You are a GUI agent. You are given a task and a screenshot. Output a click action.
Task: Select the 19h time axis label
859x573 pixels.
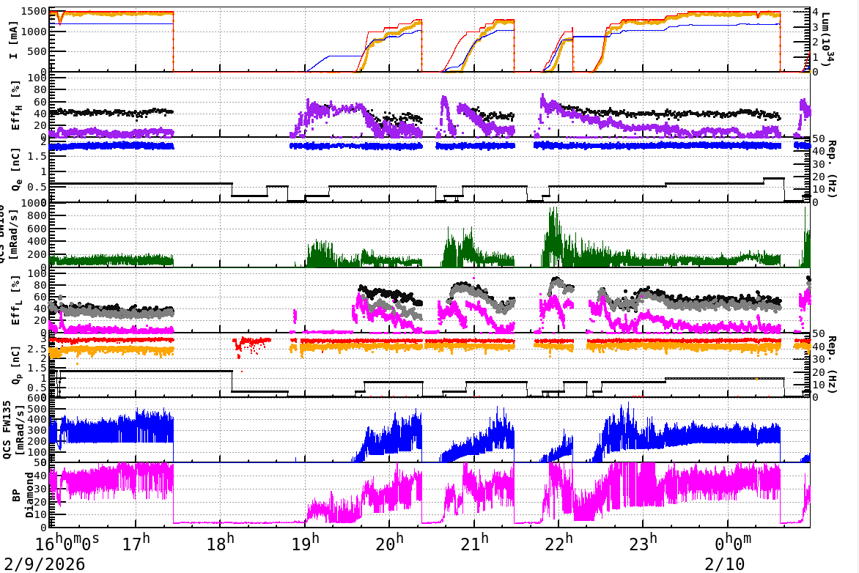pos(309,544)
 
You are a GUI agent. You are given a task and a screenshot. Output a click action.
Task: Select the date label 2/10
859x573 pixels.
pos(724,564)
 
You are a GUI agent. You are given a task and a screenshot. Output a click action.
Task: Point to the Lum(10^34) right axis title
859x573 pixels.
pos(827,40)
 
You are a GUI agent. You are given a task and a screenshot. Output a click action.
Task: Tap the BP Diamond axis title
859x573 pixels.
pos(23,495)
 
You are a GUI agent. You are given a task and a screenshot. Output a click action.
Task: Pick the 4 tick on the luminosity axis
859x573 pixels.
pos(807,12)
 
